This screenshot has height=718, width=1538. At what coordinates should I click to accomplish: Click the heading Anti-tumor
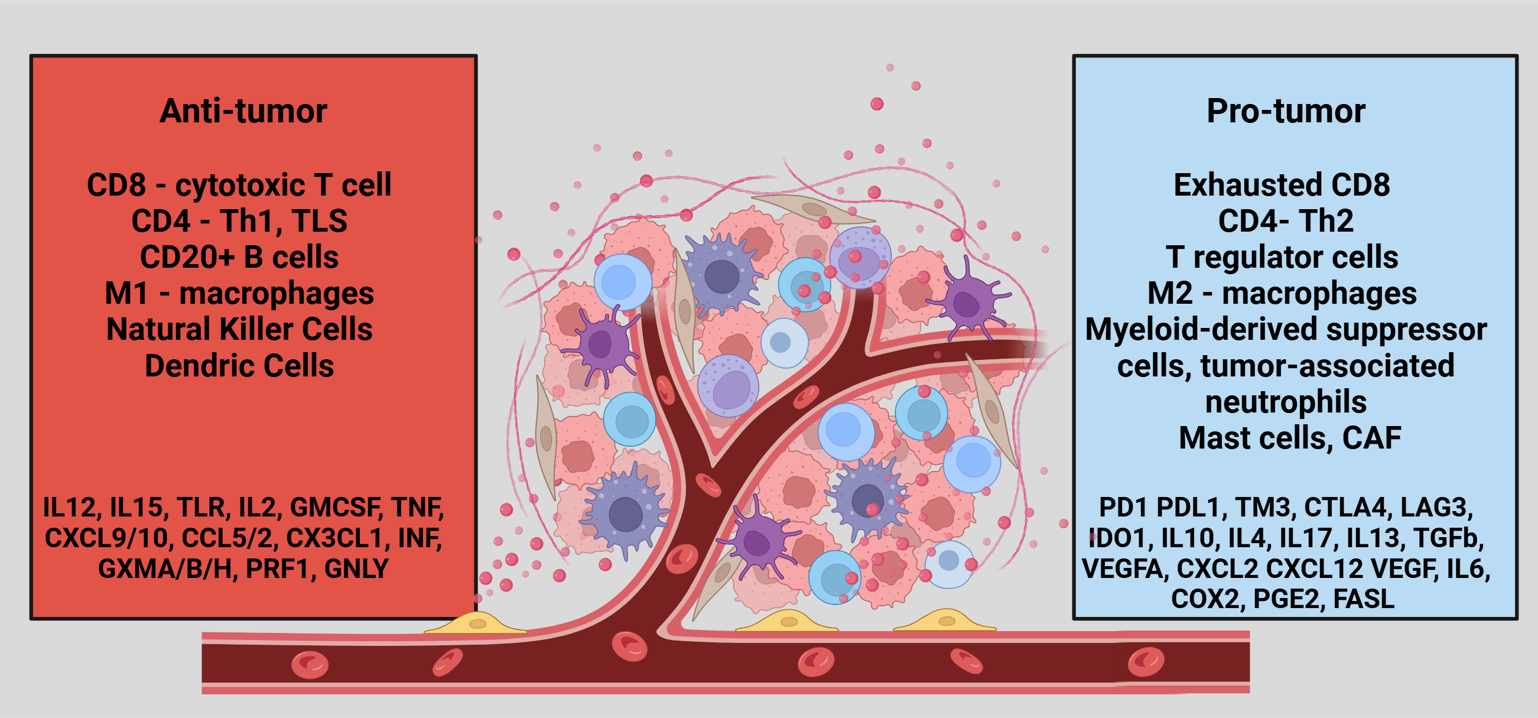pos(243,111)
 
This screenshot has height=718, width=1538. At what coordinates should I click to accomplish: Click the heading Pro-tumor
pos(1286,111)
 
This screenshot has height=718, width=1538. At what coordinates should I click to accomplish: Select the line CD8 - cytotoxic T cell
pos(239,184)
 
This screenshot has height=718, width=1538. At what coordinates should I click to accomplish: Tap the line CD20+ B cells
pos(239,257)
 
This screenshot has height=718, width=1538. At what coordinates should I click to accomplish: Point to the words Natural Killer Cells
pos(239,329)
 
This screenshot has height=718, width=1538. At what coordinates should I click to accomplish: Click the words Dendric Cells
pos(239,366)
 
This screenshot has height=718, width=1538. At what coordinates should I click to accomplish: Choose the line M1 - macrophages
pos(239,293)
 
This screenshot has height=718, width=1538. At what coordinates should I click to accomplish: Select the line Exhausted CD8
pos(1282,184)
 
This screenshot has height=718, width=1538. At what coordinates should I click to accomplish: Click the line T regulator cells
pos(1282,257)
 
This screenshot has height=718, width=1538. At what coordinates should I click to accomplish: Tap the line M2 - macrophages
pos(1282,293)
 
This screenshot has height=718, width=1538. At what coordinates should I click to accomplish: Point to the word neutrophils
pos(1286,402)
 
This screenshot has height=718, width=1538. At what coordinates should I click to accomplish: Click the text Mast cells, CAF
pos(1290,438)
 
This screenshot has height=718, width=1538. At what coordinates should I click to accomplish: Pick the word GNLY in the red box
pos(356,568)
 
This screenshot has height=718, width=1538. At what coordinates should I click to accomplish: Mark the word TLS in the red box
pos(320,221)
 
